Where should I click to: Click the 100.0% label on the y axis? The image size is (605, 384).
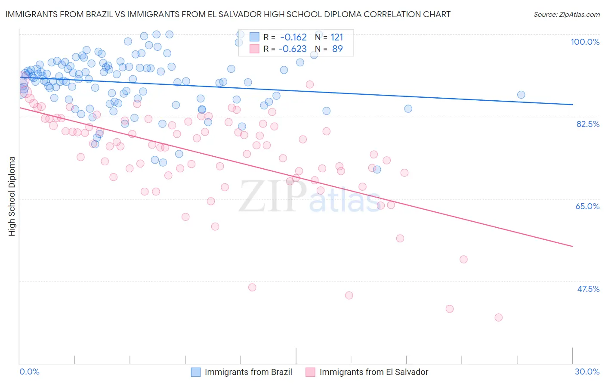coord(585,42)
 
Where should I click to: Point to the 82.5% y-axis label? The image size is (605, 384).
coord(588,124)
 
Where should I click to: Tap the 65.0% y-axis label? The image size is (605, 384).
coord(587,206)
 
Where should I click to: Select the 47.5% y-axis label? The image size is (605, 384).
coord(588,289)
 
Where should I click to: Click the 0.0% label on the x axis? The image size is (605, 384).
coord(29,372)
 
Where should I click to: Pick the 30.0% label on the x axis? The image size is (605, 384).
coord(587,372)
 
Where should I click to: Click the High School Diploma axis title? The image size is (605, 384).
coord(12,196)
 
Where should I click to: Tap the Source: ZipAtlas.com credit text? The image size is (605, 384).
coord(566,15)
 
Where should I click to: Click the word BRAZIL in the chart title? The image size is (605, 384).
coord(98,14)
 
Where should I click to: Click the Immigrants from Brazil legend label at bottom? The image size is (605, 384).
coord(248,372)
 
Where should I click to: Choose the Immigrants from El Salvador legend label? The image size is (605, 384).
coord(374,372)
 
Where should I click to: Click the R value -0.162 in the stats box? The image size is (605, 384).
coord(293,37)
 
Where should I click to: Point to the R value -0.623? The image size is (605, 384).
coord(292,49)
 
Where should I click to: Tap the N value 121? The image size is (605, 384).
coord(337,37)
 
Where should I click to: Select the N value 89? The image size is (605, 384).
coord(337,49)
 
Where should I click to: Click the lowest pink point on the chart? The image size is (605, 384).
coord(498,317)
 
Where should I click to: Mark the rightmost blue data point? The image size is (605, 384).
coord(521,95)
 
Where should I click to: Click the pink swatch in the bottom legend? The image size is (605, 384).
coord(310,372)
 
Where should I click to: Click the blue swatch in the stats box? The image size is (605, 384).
coord(254,37)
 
